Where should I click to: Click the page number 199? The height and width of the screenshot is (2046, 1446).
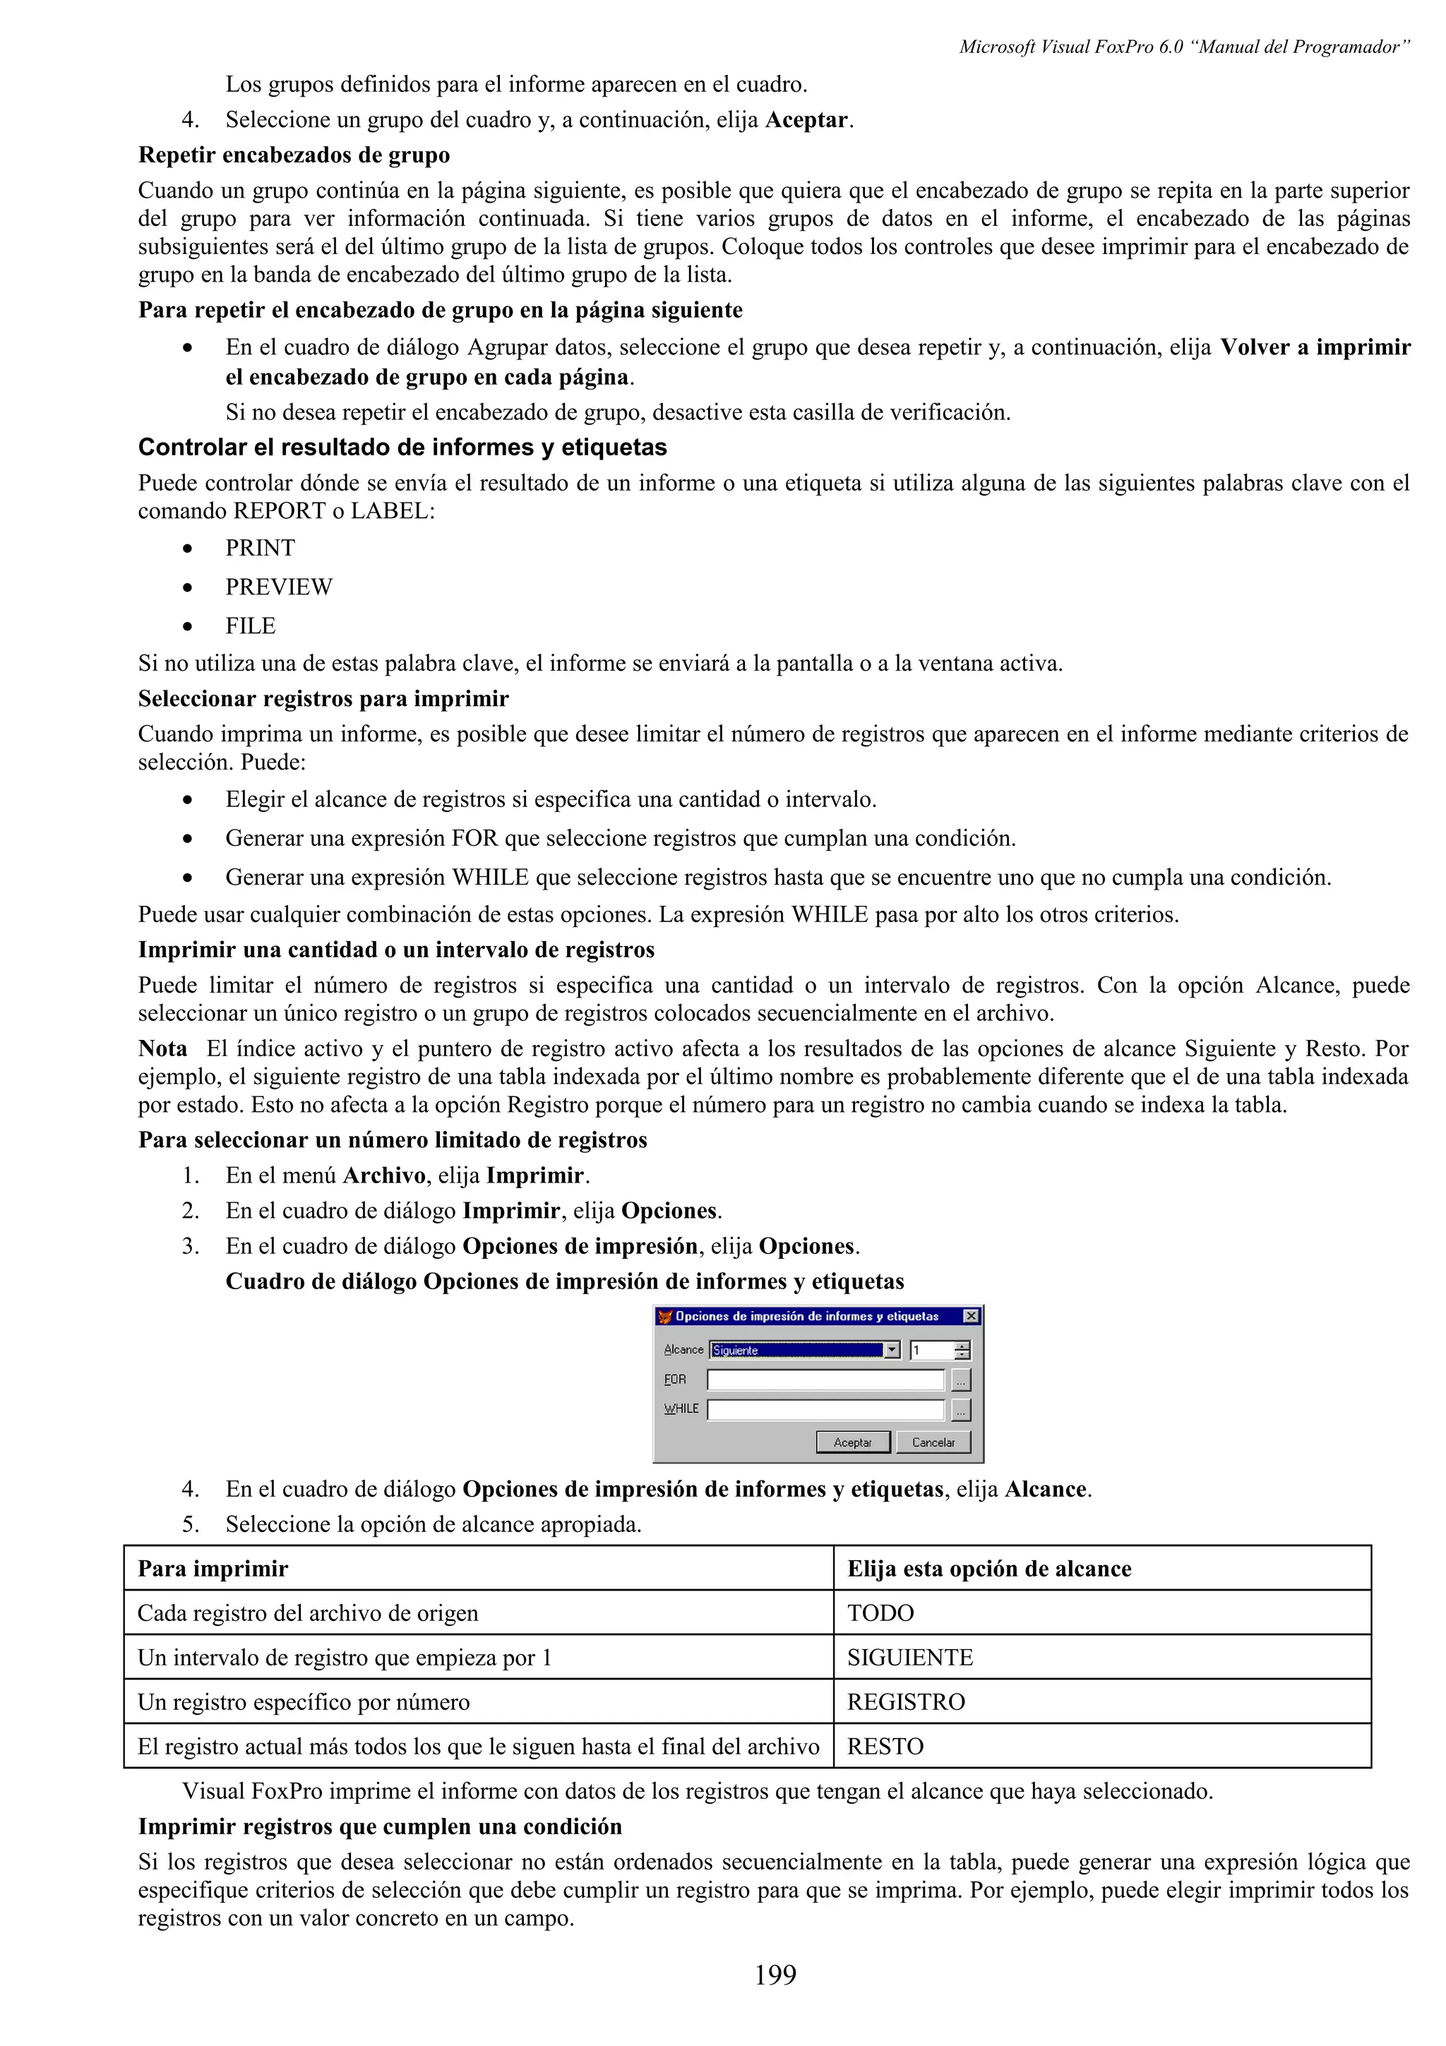pyautogui.click(x=775, y=1975)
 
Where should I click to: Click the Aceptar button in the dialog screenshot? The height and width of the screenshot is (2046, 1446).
pyautogui.click(x=853, y=1442)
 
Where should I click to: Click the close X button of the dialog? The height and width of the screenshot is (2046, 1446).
pyautogui.click(x=970, y=1316)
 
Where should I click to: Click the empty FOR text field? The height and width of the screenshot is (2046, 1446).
pyautogui.click(x=825, y=1380)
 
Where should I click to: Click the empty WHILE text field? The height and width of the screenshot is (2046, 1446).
pyautogui.click(x=825, y=1409)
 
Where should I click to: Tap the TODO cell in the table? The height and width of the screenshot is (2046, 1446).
pyautogui.click(x=880, y=1613)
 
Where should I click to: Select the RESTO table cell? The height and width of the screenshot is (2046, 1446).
pyautogui.click(x=885, y=1747)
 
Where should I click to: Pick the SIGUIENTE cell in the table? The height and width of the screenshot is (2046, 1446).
pyautogui.click(x=909, y=1658)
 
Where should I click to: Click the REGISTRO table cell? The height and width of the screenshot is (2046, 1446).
pyautogui.click(x=905, y=1702)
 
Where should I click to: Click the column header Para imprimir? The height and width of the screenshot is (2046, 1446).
pyautogui.click(x=213, y=1568)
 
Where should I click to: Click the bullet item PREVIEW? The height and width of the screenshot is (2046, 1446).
pyautogui.click(x=278, y=587)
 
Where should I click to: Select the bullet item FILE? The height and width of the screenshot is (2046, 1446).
pyautogui.click(x=251, y=626)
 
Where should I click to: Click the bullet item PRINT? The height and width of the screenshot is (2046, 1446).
pyautogui.click(x=259, y=547)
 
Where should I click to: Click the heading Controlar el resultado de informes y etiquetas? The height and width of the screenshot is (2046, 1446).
pyautogui.click(x=402, y=446)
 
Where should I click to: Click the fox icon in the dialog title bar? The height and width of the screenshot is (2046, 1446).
pyautogui.click(x=664, y=1316)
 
